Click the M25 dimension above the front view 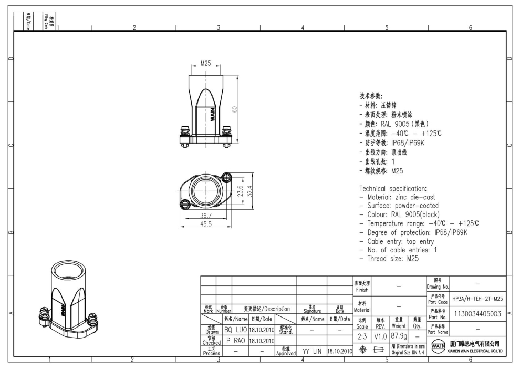tap(205, 63)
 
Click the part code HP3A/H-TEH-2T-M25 tap(477, 298)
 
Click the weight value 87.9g tap(399, 335)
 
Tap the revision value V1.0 tap(381, 335)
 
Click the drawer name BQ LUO tap(235, 330)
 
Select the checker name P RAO tap(235, 340)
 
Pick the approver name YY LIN tap(312, 351)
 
